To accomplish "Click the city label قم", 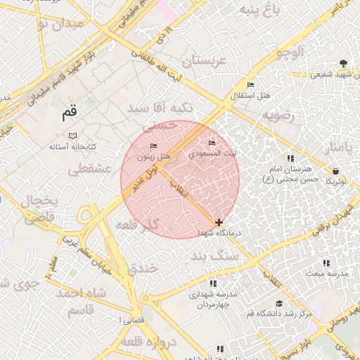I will coord(69,112).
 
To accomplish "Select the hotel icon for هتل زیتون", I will coord(153,146).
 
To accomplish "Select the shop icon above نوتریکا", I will coord(335,171).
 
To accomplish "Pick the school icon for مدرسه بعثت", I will coord(326,263).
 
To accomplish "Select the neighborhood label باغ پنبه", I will coord(259,9).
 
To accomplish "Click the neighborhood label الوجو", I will coord(290,52).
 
